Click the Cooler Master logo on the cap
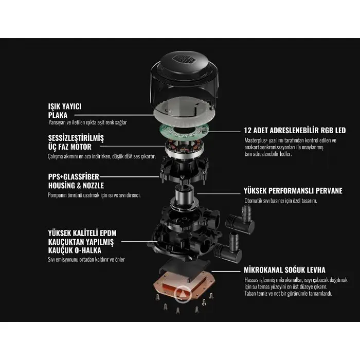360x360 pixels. click(184, 59)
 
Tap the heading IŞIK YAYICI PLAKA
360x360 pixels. click(65, 111)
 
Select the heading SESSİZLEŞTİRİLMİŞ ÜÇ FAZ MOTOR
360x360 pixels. click(76, 142)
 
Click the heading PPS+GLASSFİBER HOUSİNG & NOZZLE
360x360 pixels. click(76, 181)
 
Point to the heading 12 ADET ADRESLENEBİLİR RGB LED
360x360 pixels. click(295, 131)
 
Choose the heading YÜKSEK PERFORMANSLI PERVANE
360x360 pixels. click(293, 191)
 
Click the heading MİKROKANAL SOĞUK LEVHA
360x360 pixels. click(284, 270)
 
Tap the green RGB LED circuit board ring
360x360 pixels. click(184, 132)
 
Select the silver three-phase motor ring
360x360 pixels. click(184, 149)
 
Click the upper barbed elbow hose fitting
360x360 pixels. click(240, 220)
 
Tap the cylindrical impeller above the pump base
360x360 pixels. click(184, 196)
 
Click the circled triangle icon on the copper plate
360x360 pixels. click(183, 294)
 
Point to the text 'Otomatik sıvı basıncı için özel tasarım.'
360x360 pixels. click(281, 201)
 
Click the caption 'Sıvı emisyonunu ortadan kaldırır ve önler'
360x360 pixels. click(86, 260)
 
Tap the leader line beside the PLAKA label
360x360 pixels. click(114, 115)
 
